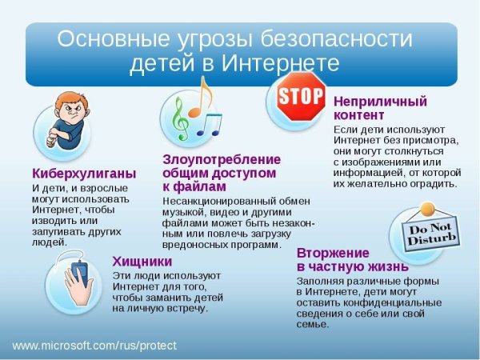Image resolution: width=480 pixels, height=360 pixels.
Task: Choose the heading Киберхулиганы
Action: (x=84, y=173)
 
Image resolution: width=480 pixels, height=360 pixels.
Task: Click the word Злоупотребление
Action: (x=222, y=159)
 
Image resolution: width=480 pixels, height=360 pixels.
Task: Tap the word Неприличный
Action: (x=380, y=102)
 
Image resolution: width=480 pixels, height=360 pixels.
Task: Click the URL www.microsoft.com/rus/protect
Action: (x=94, y=346)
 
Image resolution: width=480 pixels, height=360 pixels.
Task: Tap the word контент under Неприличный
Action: (x=358, y=115)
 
